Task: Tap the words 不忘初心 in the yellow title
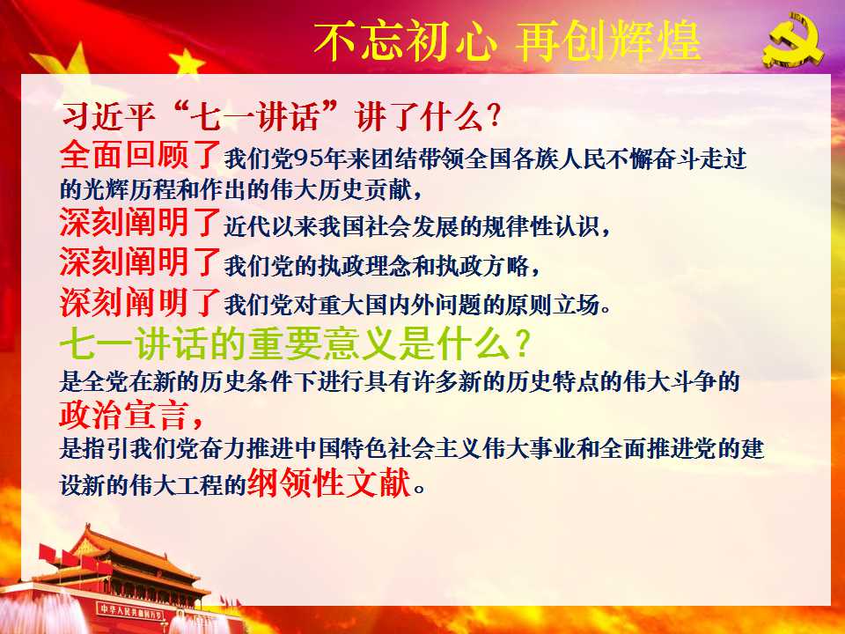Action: pos(405,41)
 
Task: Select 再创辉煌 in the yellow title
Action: pos(609,41)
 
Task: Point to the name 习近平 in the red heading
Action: pos(108,116)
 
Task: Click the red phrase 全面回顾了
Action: pos(141,154)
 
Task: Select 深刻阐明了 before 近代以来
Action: pos(140,222)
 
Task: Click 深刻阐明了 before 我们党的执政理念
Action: pos(140,262)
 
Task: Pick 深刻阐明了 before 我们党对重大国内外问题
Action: pos(140,301)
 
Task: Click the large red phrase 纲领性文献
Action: pos(329,482)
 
